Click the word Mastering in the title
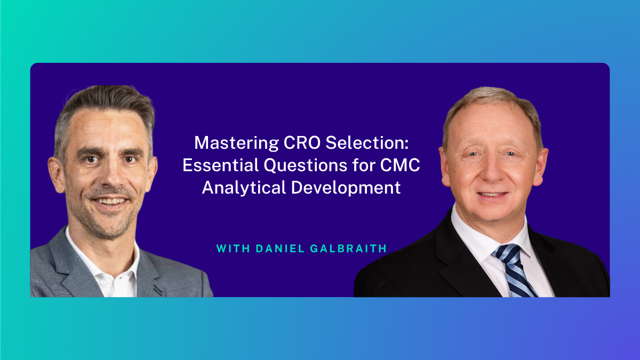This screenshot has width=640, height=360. [x=237, y=143]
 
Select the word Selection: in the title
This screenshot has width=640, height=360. [x=367, y=143]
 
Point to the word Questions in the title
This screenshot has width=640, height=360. [x=305, y=166]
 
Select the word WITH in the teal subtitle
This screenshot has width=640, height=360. [x=234, y=249]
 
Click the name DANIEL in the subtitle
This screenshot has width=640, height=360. [x=280, y=249]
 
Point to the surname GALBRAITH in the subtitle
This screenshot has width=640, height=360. [x=348, y=249]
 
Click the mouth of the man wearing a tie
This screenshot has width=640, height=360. [x=493, y=195]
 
